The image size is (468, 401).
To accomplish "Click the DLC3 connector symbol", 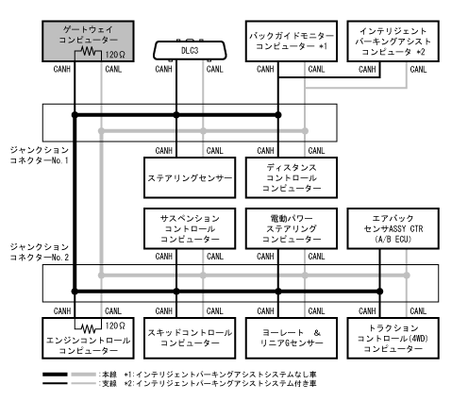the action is click(190, 50).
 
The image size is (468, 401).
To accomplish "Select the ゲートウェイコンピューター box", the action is click(88, 42).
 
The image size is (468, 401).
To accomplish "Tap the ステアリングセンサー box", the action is click(190, 177).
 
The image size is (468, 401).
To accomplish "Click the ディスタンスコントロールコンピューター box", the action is click(292, 177).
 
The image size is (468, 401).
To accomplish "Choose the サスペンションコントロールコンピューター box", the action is click(190, 228).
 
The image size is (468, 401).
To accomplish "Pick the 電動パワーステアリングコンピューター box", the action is click(292, 228).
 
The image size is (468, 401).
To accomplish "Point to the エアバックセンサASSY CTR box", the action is click(393, 228).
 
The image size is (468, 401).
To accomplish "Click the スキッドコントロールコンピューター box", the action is click(190, 338).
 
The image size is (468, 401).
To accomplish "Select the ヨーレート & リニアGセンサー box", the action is click(292, 338).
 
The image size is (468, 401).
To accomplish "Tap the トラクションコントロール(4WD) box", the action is click(393, 338).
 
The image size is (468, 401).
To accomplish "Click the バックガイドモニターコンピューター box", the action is click(292, 42).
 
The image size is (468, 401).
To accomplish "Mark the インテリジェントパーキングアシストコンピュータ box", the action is click(393, 42).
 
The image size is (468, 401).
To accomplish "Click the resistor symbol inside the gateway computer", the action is click(89, 51).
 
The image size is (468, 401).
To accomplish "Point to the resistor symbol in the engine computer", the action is click(89, 328).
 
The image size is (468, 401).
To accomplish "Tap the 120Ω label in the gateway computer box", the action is click(115, 55).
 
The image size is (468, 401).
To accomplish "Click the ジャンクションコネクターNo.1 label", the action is click(39, 155).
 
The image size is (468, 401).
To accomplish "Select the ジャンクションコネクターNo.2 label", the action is click(39, 252).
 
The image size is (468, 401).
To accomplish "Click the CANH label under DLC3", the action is click(163, 69).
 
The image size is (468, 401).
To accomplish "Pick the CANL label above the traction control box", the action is click(418, 311).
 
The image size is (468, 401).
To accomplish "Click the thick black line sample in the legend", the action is click(55, 375).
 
